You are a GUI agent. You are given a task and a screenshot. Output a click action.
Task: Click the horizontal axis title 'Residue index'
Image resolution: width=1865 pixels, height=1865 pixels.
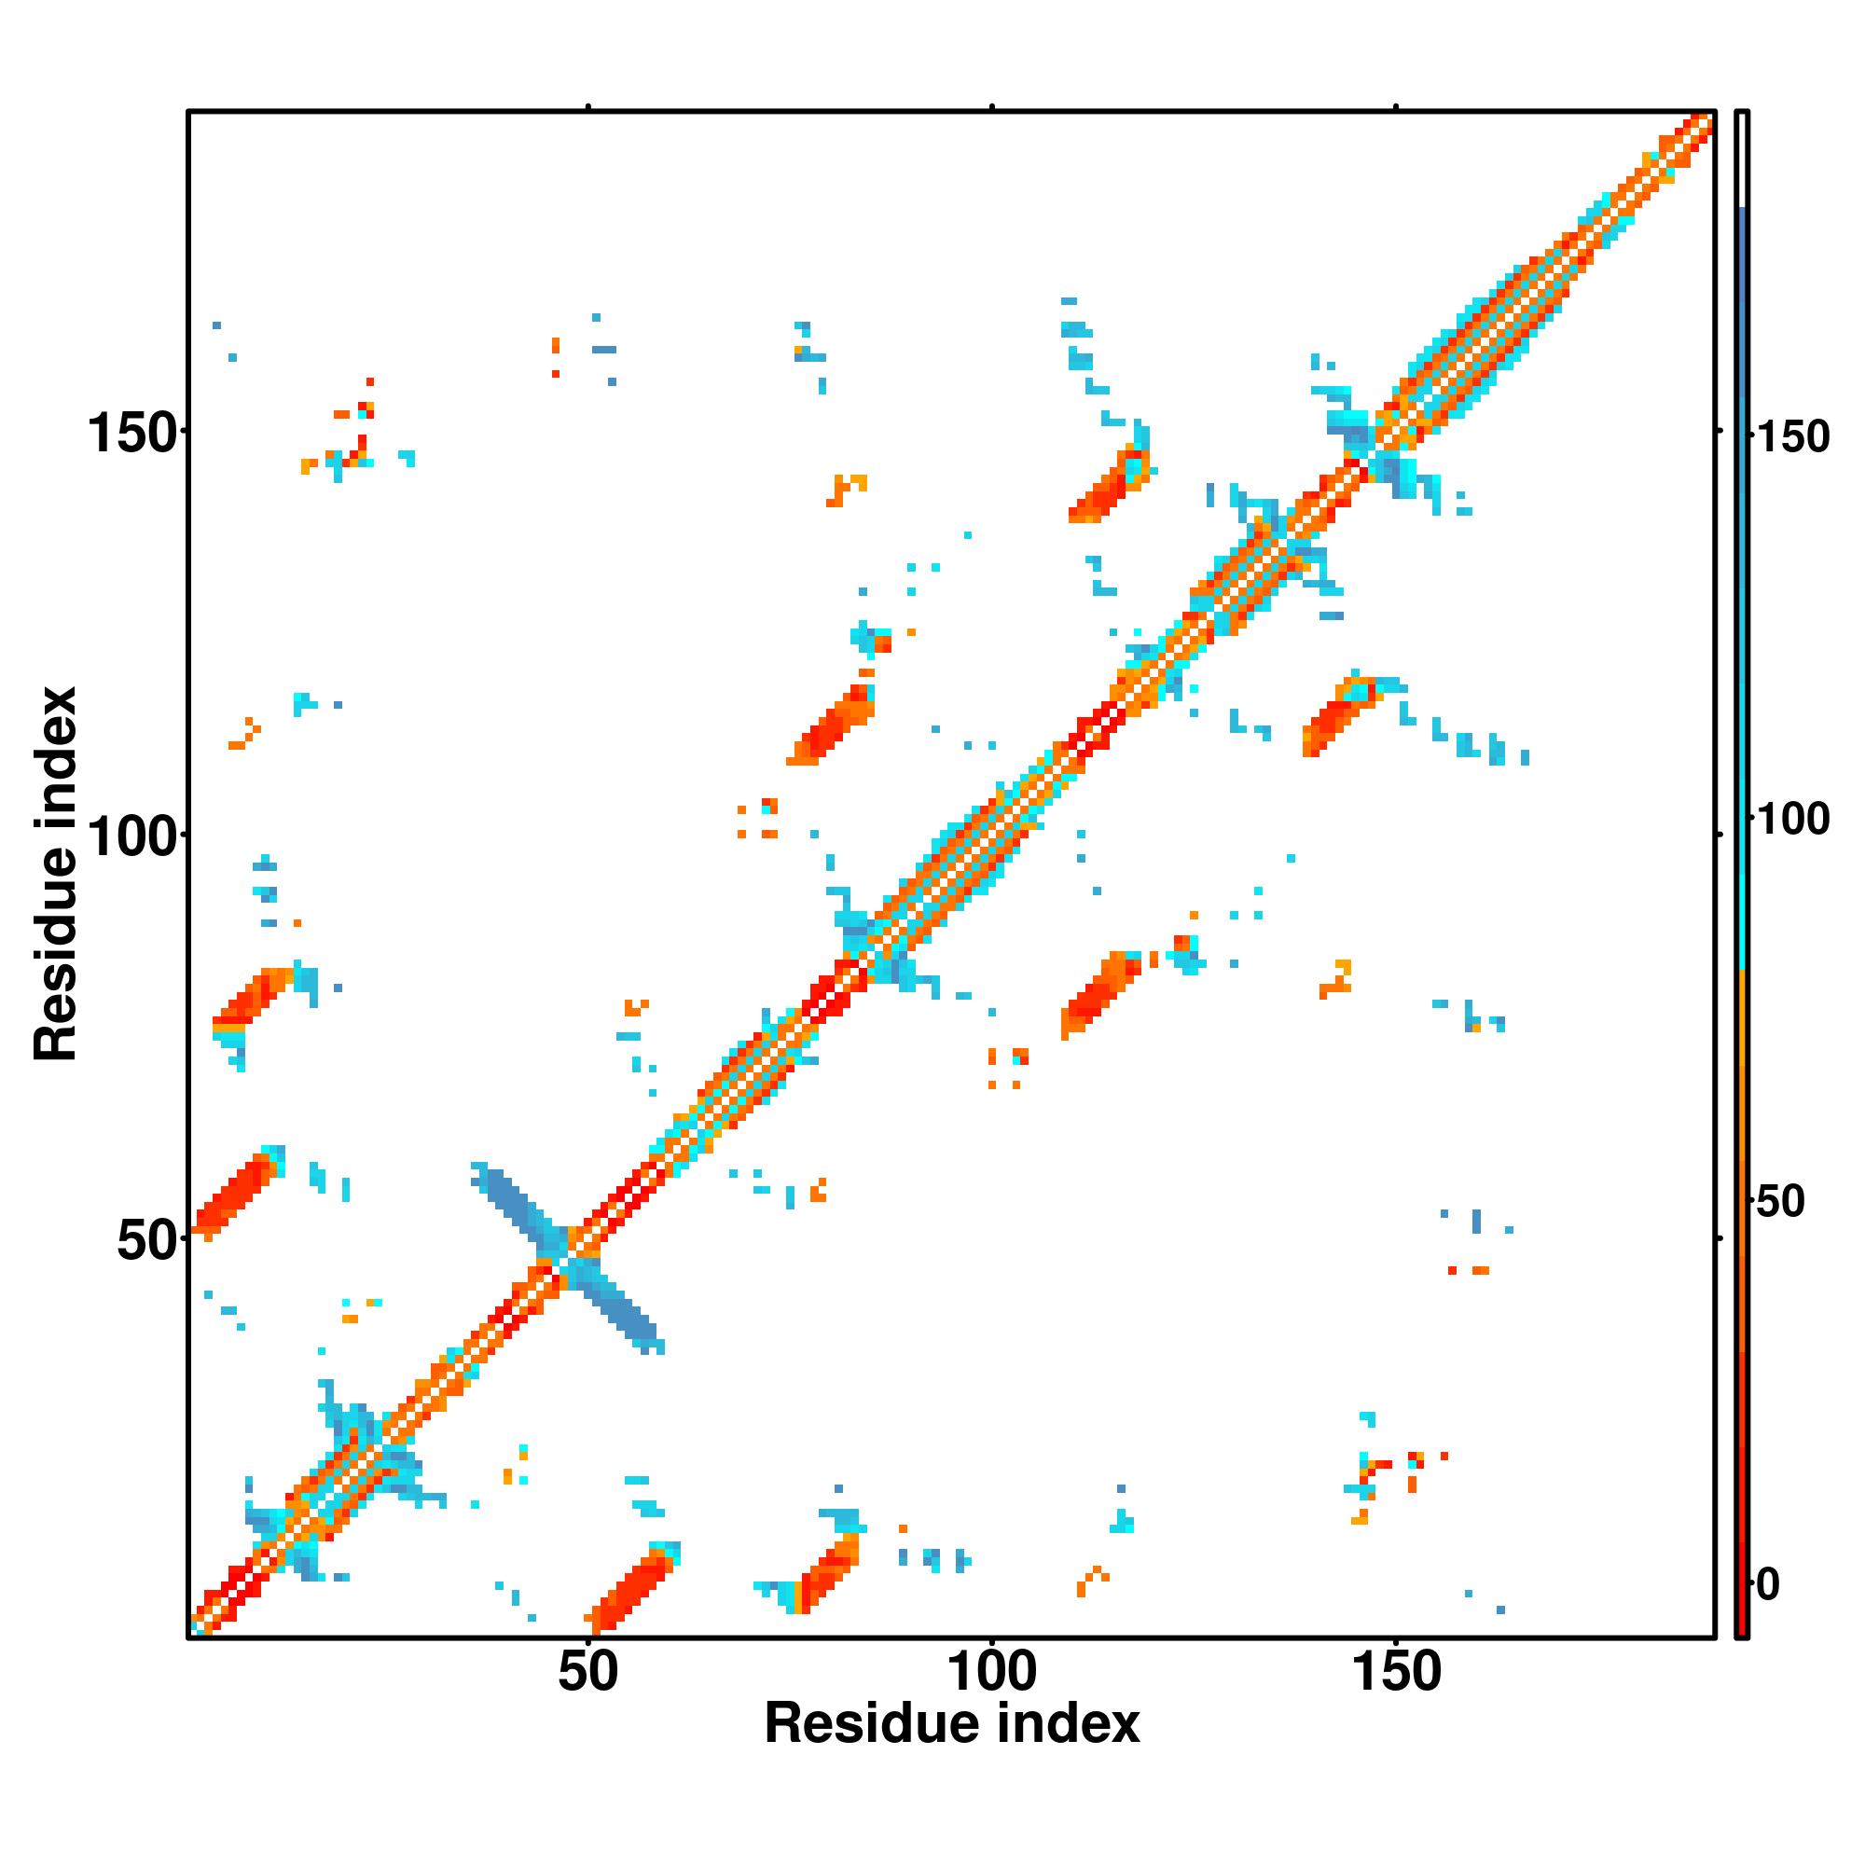(952, 1724)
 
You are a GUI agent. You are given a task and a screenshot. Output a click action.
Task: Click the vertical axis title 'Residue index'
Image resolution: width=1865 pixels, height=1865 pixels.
(56, 875)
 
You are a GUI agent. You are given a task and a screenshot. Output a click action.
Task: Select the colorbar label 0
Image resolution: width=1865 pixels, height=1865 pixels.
(1768, 1584)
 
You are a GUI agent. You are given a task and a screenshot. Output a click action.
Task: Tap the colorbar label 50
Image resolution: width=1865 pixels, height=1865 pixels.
(1780, 1202)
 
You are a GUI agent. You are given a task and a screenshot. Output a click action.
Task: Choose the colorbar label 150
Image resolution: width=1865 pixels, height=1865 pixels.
(1791, 437)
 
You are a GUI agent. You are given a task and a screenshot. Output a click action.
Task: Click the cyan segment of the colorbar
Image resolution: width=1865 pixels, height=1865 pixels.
(1743, 869)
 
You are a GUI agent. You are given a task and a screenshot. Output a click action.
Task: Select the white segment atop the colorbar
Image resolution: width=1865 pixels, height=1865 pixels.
(1743, 159)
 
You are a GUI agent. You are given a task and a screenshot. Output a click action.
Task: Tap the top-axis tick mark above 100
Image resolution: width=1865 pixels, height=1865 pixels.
(991, 107)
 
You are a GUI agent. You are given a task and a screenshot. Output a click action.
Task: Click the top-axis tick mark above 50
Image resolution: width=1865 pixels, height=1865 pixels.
(587, 107)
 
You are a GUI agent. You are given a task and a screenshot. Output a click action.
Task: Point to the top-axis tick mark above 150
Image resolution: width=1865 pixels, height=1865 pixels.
(1396, 107)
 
